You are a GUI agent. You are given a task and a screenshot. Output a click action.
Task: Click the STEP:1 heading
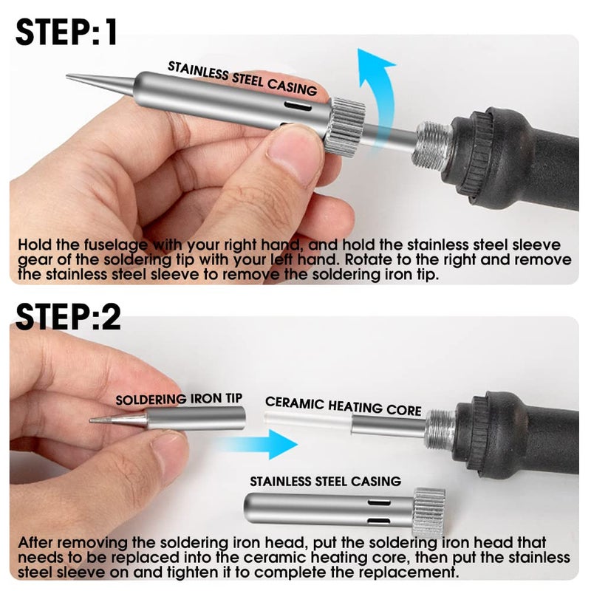tap(66, 33)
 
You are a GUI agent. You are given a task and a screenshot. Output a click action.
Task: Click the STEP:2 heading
tap(68, 318)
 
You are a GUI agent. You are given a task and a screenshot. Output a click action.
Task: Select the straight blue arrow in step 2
tap(260, 444)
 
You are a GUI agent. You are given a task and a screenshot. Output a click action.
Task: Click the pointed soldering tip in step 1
tap(100, 81)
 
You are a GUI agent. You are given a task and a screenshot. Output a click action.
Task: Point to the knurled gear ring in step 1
tap(345, 126)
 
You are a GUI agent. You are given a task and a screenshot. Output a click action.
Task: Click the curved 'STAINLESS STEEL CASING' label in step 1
tap(242, 78)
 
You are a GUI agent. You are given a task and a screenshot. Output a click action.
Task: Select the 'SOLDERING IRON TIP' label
tap(179, 399)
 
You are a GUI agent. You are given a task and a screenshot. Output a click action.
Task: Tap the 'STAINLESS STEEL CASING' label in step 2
tap(325, 482)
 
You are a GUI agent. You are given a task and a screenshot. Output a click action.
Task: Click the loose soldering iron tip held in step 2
tap(168, 418)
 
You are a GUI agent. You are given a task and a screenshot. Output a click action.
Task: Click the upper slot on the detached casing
tap(379, 503)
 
